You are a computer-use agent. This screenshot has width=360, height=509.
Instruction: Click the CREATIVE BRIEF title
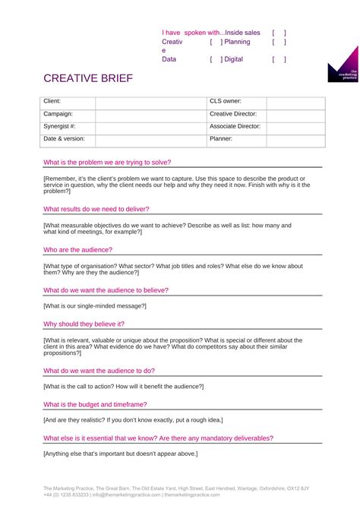point(87,79)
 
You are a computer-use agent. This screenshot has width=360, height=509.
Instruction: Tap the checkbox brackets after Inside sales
point(279,33)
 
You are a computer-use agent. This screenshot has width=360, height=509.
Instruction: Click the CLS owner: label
point(226,101)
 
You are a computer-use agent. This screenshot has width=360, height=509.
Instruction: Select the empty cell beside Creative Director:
point(295,114)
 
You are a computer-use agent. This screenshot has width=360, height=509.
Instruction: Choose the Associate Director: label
point(235,127)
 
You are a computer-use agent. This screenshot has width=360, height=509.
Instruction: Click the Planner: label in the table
point(222,139)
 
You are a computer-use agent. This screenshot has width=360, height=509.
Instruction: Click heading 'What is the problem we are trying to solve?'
point(107,163)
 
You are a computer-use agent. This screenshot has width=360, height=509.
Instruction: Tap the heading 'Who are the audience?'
point(78,249)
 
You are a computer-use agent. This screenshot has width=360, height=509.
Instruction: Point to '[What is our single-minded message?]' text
point(95,305)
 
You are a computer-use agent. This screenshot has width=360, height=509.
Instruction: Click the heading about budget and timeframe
point(101,405)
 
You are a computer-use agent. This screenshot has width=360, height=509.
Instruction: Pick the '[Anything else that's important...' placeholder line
point(121,454)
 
